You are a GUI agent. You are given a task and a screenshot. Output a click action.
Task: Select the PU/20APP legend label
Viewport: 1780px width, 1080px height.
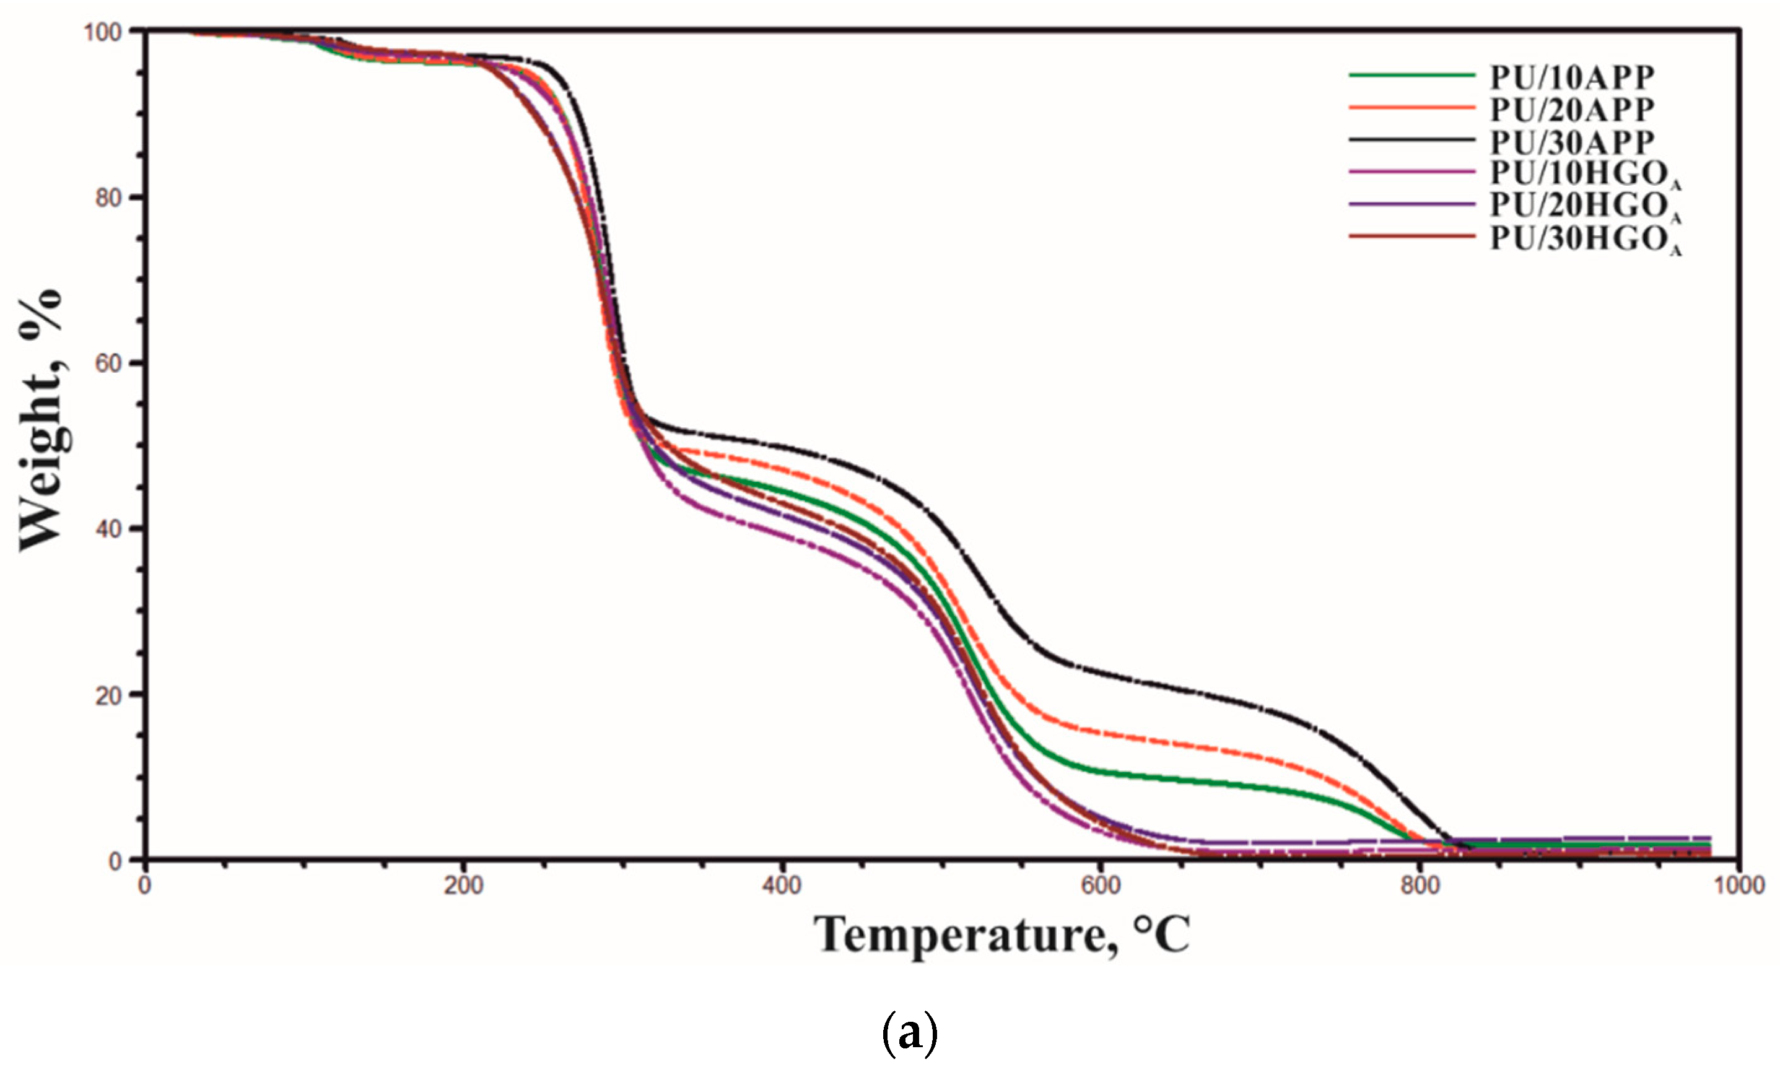point(1572,110)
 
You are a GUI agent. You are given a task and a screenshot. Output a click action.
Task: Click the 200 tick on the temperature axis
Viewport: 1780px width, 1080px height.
point(463,886)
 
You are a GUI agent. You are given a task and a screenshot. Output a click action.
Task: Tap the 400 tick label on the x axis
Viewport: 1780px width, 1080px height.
point(782,886)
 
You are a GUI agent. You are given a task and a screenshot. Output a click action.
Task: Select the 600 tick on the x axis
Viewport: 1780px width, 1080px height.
point(1100,886)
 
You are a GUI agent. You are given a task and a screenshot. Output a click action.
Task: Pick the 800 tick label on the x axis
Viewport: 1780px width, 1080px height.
point(1420,886)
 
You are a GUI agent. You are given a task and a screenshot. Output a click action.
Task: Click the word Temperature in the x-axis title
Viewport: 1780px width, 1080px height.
point(960,936)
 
